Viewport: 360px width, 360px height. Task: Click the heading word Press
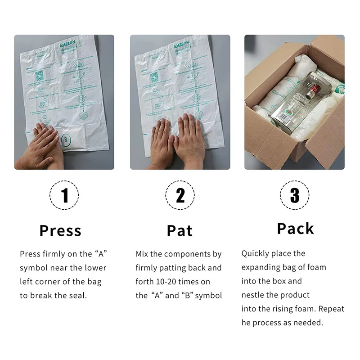pyautogui.click(x=60, y=230)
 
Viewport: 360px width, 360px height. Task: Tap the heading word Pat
pyautogui.click(x=180, y=230)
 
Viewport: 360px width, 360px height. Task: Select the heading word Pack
pyautogui.click(x=295, y=229)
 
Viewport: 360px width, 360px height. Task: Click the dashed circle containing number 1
pyautogui.click(x=64, y=195)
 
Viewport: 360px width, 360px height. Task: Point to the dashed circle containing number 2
pyautogui.click(x=180, y=195)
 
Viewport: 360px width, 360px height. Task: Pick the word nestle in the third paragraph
pyautogui.click(x=253, y=295)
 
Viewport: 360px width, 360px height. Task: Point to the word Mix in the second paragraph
pyautogui.click(x=142, y=254)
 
